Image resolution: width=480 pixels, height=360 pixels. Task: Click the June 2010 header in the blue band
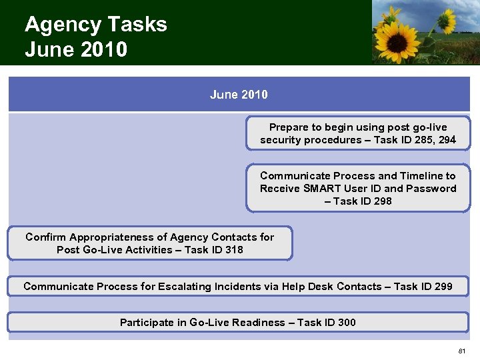point(239,95)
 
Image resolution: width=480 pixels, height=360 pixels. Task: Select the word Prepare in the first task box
point(290,127)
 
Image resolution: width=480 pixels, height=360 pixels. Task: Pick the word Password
point(432,189)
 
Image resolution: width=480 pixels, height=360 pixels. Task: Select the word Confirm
point(45,237)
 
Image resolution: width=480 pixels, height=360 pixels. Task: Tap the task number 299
point(443,287)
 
